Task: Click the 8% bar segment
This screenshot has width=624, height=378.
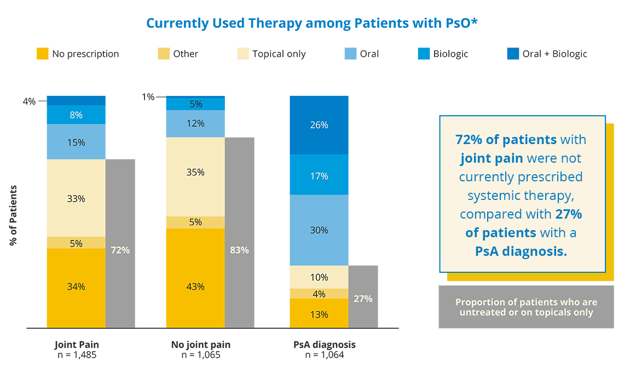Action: click(x=76, y=115)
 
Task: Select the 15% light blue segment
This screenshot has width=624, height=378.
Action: click(x=76, y=142)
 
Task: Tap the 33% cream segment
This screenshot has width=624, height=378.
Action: click(x=76, y=199)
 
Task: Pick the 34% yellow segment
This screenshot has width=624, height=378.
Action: click(x=76, y=287)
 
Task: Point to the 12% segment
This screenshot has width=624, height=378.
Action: click(x=195, y=124)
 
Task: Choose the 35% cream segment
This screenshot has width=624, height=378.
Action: click(x=195, y=173)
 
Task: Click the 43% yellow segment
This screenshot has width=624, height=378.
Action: click(x=195, y=287)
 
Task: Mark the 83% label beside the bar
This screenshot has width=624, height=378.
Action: click(x=240, y=250)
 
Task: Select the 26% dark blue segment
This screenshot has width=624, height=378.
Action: click(x=319, y=125)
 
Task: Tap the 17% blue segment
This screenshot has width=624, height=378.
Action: click(x=319, y=176)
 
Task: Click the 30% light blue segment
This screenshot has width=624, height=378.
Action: click(x=319, y=231)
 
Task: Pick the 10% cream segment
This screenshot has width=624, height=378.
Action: click(x=319, y=278)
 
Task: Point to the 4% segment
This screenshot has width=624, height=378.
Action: click(x=319, y=294)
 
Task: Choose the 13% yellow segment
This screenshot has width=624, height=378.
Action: click(x=319, y=314)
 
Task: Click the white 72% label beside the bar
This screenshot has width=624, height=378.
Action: click(x=120, y=250)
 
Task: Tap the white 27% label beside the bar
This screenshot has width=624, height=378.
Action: click(x=363, y=299)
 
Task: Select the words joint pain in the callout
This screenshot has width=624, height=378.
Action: click(x=492, y=159)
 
